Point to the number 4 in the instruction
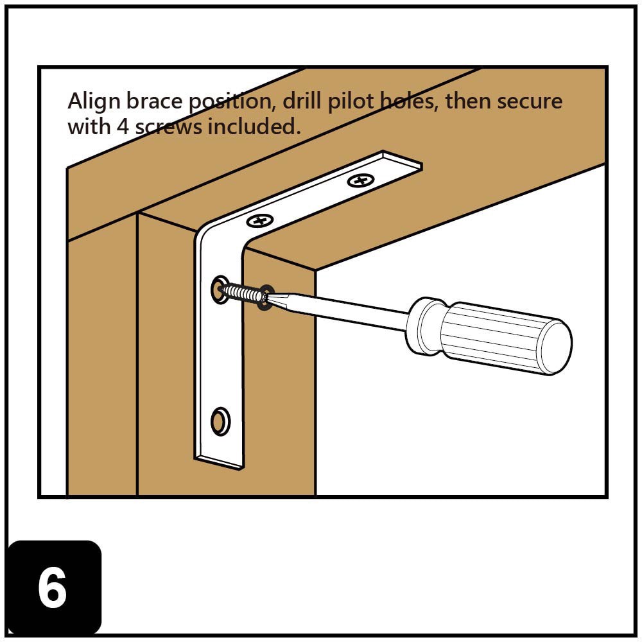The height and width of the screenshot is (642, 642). coord(123,126)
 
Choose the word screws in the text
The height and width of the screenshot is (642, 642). coord(168,126)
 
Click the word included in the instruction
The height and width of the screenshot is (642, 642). coord(254,126)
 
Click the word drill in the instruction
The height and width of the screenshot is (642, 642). coord(299,101)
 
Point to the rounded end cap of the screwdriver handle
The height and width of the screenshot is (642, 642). coord(555,347)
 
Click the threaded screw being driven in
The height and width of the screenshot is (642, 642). coord(242,293)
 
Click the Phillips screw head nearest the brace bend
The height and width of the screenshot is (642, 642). coord(260,221)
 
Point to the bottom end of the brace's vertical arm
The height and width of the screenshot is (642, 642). coord(220,461)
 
